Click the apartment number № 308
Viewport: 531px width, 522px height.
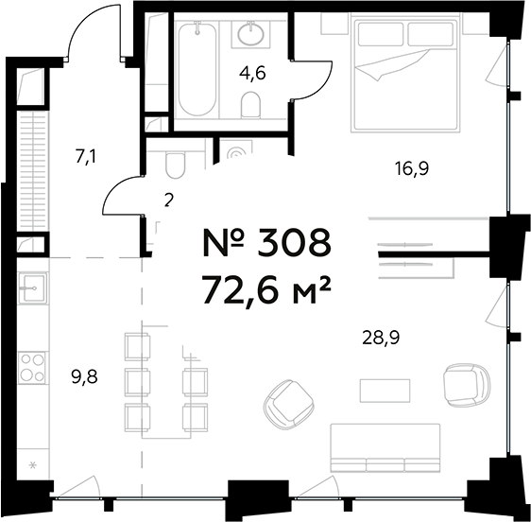(x=266, y=242)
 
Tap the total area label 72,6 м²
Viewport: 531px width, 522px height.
(x=265, y=289)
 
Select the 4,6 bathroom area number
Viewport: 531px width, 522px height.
(x=252, y=73)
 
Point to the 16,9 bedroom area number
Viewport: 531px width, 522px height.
(x=412, y=168)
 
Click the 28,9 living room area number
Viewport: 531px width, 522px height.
(x=381, y=338)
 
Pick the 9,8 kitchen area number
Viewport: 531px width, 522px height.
(x=85, y=376)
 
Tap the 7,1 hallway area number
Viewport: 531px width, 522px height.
(x=85, y=157)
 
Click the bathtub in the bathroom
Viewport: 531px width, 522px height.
(x=197, y=69)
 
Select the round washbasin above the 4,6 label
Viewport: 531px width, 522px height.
(x=251, y=34)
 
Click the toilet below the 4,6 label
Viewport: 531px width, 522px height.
(x=251, y=105)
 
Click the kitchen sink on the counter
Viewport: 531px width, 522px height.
(x=32, y=287)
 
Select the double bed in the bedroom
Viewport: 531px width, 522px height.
(x=405, y=75)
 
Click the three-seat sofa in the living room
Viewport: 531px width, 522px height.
(x=385, y=448)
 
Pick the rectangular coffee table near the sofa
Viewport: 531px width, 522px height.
(x=385, y=391)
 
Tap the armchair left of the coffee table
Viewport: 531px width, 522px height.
(x=290, y=405)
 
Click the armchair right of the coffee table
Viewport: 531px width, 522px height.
(x=467, y=385)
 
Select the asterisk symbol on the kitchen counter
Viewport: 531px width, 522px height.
(x=33, y=465)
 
